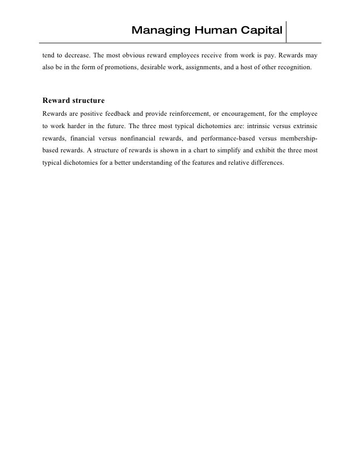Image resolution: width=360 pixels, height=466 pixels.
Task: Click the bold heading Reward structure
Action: pos(74,100)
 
